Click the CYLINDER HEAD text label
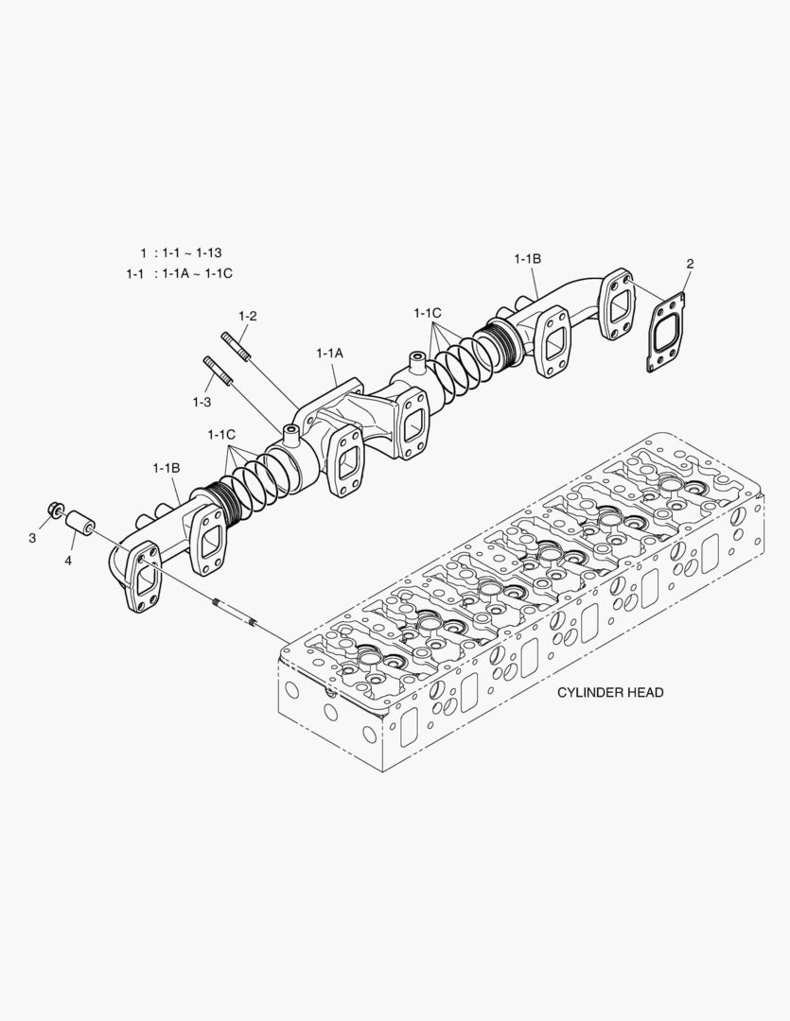point(609,693)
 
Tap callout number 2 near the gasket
point(690,264)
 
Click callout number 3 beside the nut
point(32,537)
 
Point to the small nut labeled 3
point(54,512)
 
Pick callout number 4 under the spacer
point(68,560)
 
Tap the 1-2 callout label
point(248,315)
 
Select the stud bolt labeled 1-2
point(237,346)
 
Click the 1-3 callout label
point(201,402)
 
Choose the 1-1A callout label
point(329,353)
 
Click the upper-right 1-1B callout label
point(528,258)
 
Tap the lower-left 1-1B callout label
point(166,468)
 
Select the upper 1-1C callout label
point(428,312)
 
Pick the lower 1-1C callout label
point(220,434)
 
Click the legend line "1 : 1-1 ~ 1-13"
point(181,253)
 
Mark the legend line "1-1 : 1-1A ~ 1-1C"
point(179,273)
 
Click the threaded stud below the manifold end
point(236,614)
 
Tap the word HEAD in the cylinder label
point(644,693)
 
